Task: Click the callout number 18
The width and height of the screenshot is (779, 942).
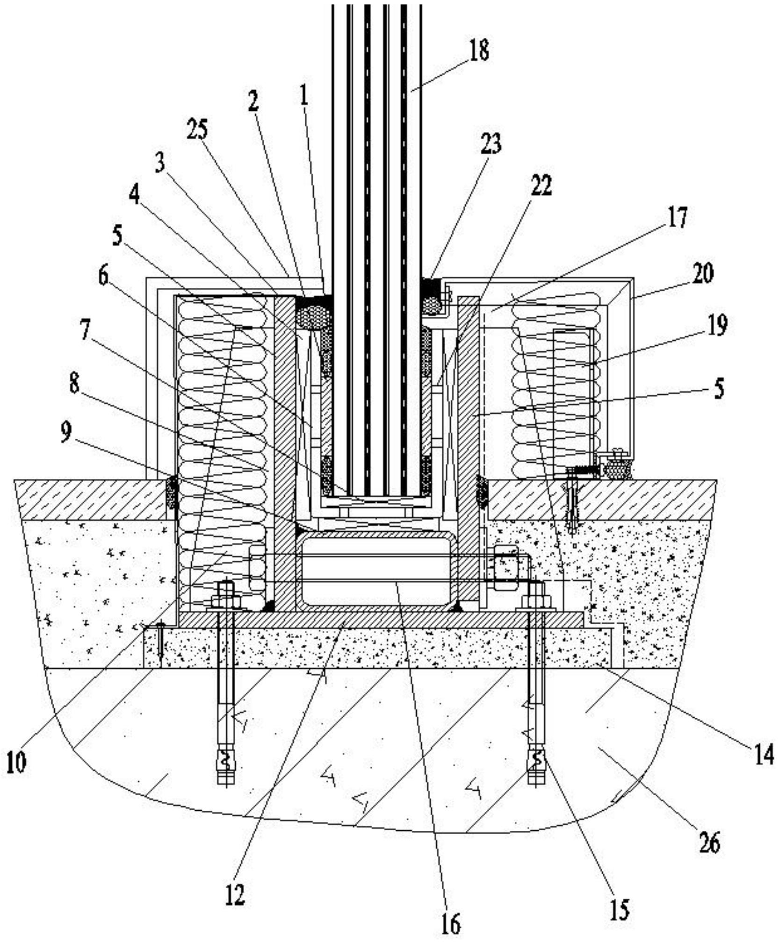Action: tap(479, 50)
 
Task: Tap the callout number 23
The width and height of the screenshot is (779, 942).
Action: tap(491, 143)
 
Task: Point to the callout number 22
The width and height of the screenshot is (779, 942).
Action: tap(541, 186)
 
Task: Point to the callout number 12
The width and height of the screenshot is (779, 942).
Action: tap(235, 895)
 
